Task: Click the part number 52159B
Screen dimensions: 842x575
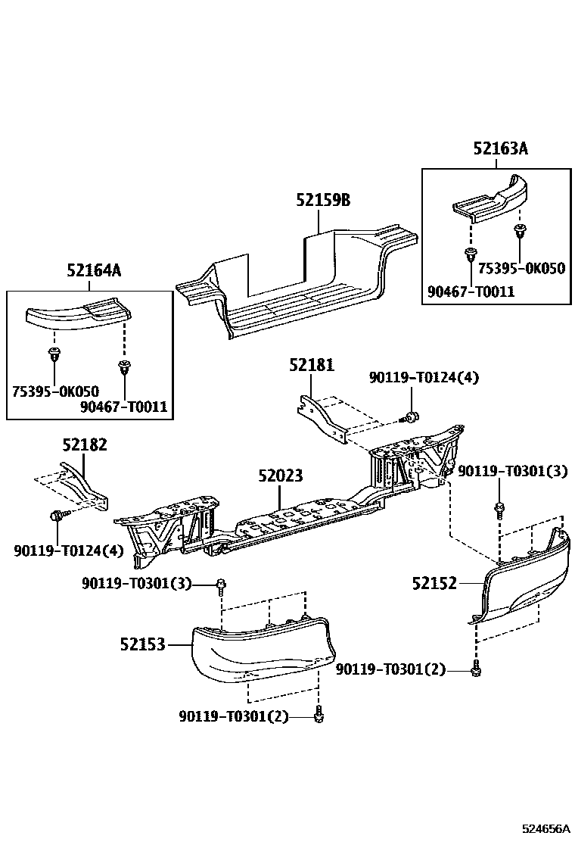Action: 323,201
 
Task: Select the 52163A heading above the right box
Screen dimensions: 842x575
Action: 500,148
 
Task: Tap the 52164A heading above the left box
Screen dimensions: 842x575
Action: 94,270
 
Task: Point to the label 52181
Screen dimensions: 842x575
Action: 311,366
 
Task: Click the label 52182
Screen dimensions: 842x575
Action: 84,444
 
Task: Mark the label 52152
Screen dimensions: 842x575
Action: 434,583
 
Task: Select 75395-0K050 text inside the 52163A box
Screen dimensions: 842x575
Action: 521,268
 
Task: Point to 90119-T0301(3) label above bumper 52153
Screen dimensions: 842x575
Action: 137,583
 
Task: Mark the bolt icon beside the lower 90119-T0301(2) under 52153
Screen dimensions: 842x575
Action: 319,713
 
